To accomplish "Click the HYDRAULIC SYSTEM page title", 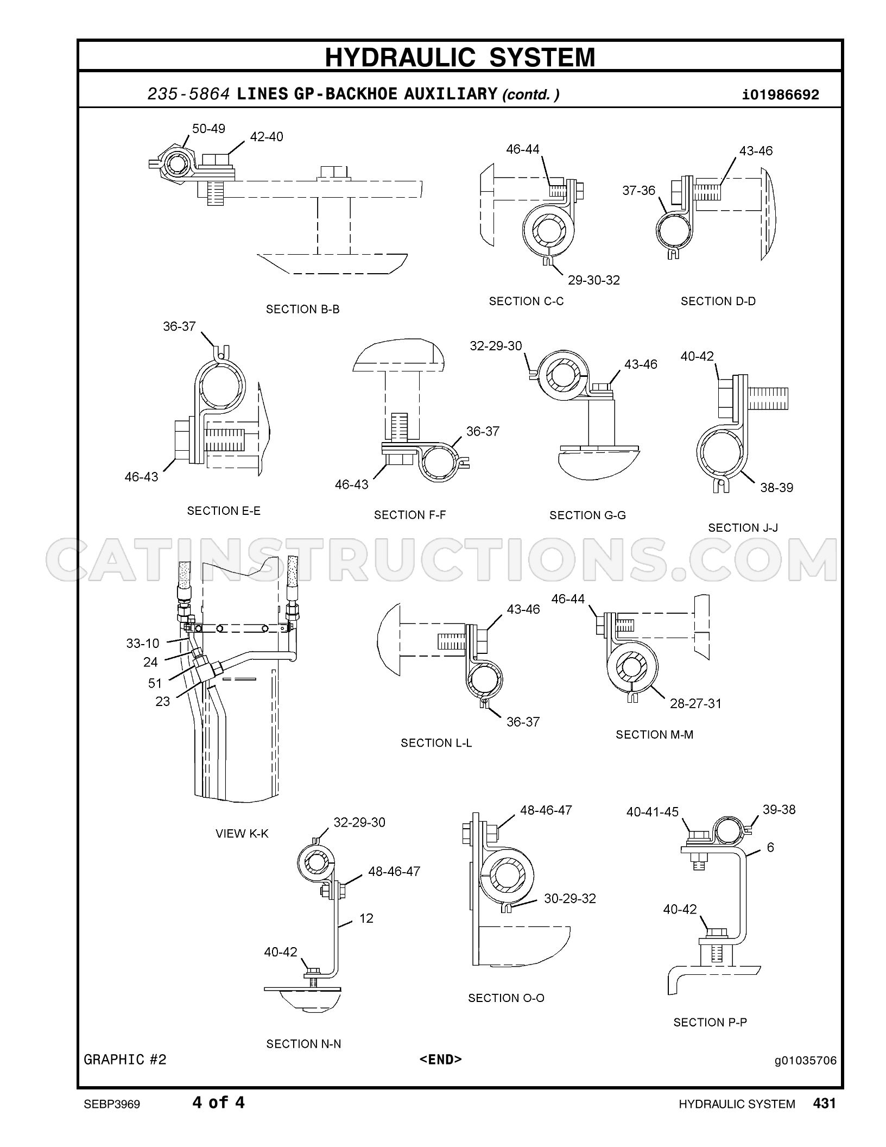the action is click(x=460, y=57).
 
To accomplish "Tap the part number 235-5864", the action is click(x=189, y=94).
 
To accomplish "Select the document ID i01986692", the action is click(x=781, y=95).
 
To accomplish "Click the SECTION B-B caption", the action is click(x=302, y=309).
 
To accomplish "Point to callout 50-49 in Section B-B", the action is click(x=208, y=129).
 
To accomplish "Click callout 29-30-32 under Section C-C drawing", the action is click(x=594, y=280).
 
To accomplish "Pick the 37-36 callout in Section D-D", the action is click(x=639, y=191).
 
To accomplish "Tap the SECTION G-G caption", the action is click(x=587, y=515).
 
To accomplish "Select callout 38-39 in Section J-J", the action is click(x=776, y=488).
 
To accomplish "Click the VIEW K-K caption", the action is click(x=242, y=834).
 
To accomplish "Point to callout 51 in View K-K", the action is click(x=155, y=683).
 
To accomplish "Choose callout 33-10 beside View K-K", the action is click(x=143, y=644).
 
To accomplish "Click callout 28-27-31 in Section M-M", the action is click(x=695, y=704).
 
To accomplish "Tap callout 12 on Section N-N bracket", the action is click(x=366, y=918).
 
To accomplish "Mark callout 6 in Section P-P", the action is click(x=770, y=847).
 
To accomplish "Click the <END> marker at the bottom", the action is click(x=440, y=1059).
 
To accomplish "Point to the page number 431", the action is click(x=824, y=1102).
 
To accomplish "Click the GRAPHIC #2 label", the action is click(x=125, y=1060).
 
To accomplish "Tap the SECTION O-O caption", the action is click(x=506, y=998).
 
